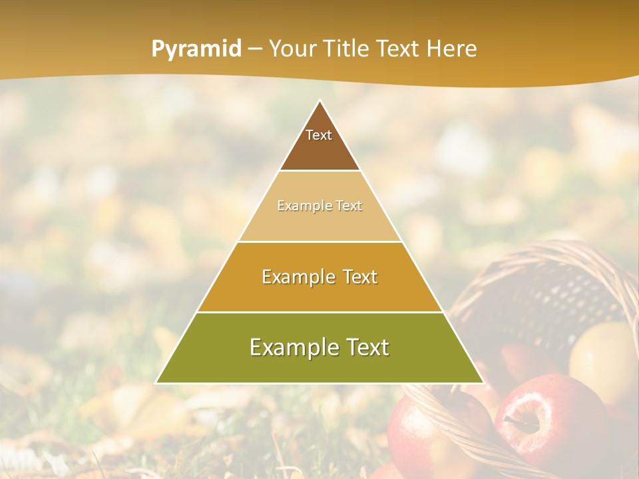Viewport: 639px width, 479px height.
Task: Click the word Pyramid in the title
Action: (196, 49)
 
